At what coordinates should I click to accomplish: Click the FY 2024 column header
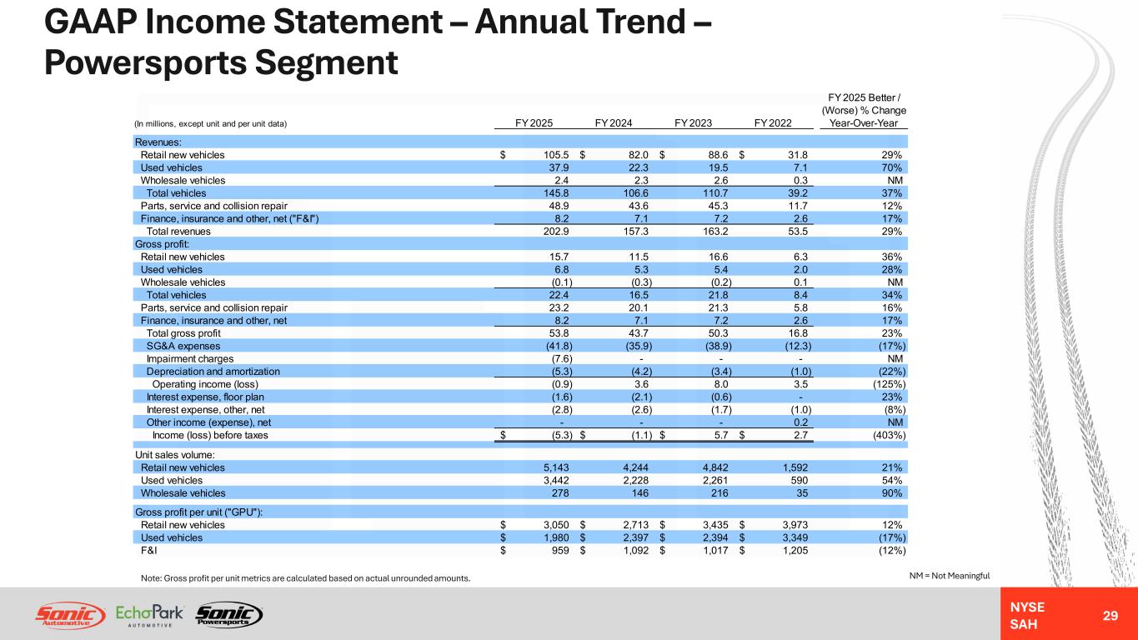pos(614,123)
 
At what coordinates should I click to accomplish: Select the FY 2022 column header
pos(773,123)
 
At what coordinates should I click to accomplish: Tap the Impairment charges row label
pos(190,359)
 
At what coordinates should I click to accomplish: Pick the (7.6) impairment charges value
pos(562,359)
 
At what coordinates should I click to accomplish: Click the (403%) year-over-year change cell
pos(889,435)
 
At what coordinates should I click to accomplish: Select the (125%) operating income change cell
pos(889,384)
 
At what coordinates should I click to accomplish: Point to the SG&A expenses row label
pos(183,347)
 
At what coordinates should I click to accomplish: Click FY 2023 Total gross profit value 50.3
pos(718,333)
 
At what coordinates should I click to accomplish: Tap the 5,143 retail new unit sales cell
pos(556,467)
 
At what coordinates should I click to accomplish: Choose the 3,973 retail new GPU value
pos(795,525)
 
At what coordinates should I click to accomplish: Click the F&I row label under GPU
pos(149,551)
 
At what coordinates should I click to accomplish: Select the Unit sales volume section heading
pos(175,455)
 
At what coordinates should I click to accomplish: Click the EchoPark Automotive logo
pos(149,615)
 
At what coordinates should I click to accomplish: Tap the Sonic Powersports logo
pos(229,615)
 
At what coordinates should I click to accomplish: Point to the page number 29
pos(1110,616)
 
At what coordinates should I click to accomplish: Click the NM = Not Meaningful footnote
pos(950,576)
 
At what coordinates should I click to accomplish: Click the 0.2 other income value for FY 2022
pos(800,422)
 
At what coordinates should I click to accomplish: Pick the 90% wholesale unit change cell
pos(892,493)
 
